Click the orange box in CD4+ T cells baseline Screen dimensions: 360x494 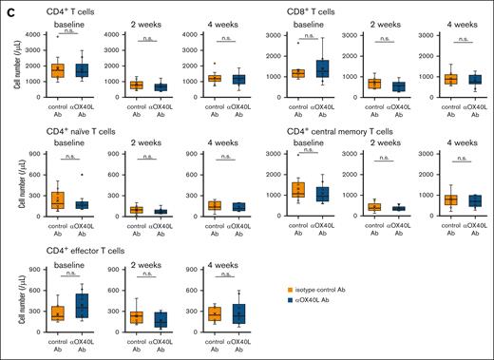point(58,69)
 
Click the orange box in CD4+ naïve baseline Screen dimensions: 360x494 point(58,199)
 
